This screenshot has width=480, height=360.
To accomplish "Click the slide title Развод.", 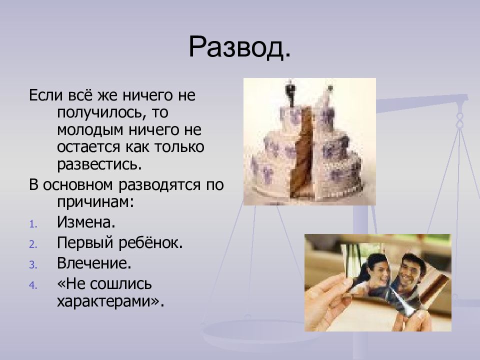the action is click(x=239, y=47).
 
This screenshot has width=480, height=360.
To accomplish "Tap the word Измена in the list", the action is click(x=86, y=222).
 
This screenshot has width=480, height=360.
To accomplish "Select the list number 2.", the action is click(x=33, y=244).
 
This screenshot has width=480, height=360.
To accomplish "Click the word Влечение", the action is click(x=94, y=263).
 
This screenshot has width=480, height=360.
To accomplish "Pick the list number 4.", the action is click(x=33, y=285).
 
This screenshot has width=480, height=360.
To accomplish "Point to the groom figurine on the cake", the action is click(x=290, y=93).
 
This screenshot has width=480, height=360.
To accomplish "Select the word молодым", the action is click(x=90, y=130).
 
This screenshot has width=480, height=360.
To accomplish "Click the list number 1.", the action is click(x=33, y=224).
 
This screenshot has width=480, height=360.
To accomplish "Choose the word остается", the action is click(x=88, y=147).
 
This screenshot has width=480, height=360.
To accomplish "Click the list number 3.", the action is click(x=33, y=265).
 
